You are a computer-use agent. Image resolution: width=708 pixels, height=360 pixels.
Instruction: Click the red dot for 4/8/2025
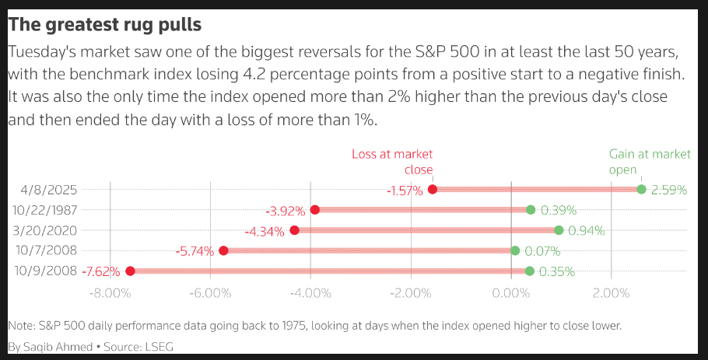(433, 189)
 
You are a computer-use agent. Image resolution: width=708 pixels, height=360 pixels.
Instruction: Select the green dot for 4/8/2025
(641, 189)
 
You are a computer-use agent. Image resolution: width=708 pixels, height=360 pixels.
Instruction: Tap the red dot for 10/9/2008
(130, 271)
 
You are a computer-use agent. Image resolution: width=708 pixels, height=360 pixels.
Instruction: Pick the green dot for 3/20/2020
(559, 230)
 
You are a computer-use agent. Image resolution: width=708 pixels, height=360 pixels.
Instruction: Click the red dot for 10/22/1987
(315, 209)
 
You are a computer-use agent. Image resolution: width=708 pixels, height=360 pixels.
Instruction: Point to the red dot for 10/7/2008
(223, 250)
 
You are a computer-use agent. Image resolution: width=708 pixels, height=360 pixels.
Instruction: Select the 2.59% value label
(670, 190)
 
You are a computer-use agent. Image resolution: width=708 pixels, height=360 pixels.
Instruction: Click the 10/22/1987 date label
(45, 210)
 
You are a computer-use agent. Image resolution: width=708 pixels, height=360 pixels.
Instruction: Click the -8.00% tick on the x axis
(110, 293)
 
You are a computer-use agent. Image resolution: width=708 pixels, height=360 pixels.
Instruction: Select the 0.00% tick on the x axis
(511, 293)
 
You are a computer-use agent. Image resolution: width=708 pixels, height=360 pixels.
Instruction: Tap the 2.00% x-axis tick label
(611, 293)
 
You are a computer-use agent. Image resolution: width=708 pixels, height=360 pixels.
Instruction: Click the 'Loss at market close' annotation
(393, 162)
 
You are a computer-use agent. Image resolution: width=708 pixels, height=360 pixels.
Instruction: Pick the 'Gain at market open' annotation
(649, 162)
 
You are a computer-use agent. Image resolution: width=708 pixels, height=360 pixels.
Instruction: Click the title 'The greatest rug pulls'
(104, 25)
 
